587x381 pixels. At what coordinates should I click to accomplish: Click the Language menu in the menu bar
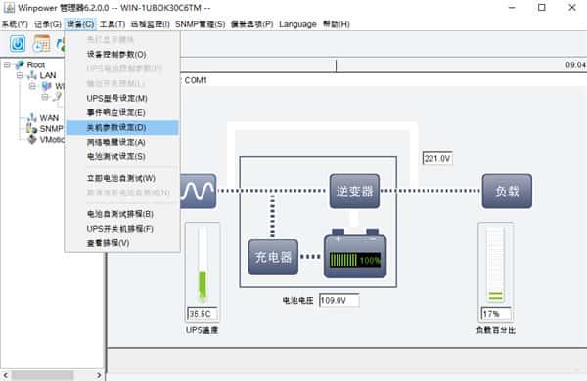(297, 23)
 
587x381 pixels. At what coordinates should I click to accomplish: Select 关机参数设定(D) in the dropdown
(116, 127)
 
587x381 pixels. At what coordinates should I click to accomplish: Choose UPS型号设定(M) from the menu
(116, 98)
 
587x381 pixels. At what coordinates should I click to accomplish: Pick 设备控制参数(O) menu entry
(116, 54)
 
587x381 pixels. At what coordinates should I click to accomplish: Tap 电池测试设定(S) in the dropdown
(116, 156)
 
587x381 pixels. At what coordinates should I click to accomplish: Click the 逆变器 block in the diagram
(353, 191)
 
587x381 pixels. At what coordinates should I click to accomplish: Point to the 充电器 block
(272, 257)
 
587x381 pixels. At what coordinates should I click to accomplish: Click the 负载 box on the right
(507, 191)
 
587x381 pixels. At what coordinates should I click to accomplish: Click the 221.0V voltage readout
(435, 158)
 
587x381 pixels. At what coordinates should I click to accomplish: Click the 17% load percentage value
(492, 314)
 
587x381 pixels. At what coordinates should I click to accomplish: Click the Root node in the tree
(36, 64)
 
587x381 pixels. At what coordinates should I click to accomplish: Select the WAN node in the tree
(48, 118)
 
